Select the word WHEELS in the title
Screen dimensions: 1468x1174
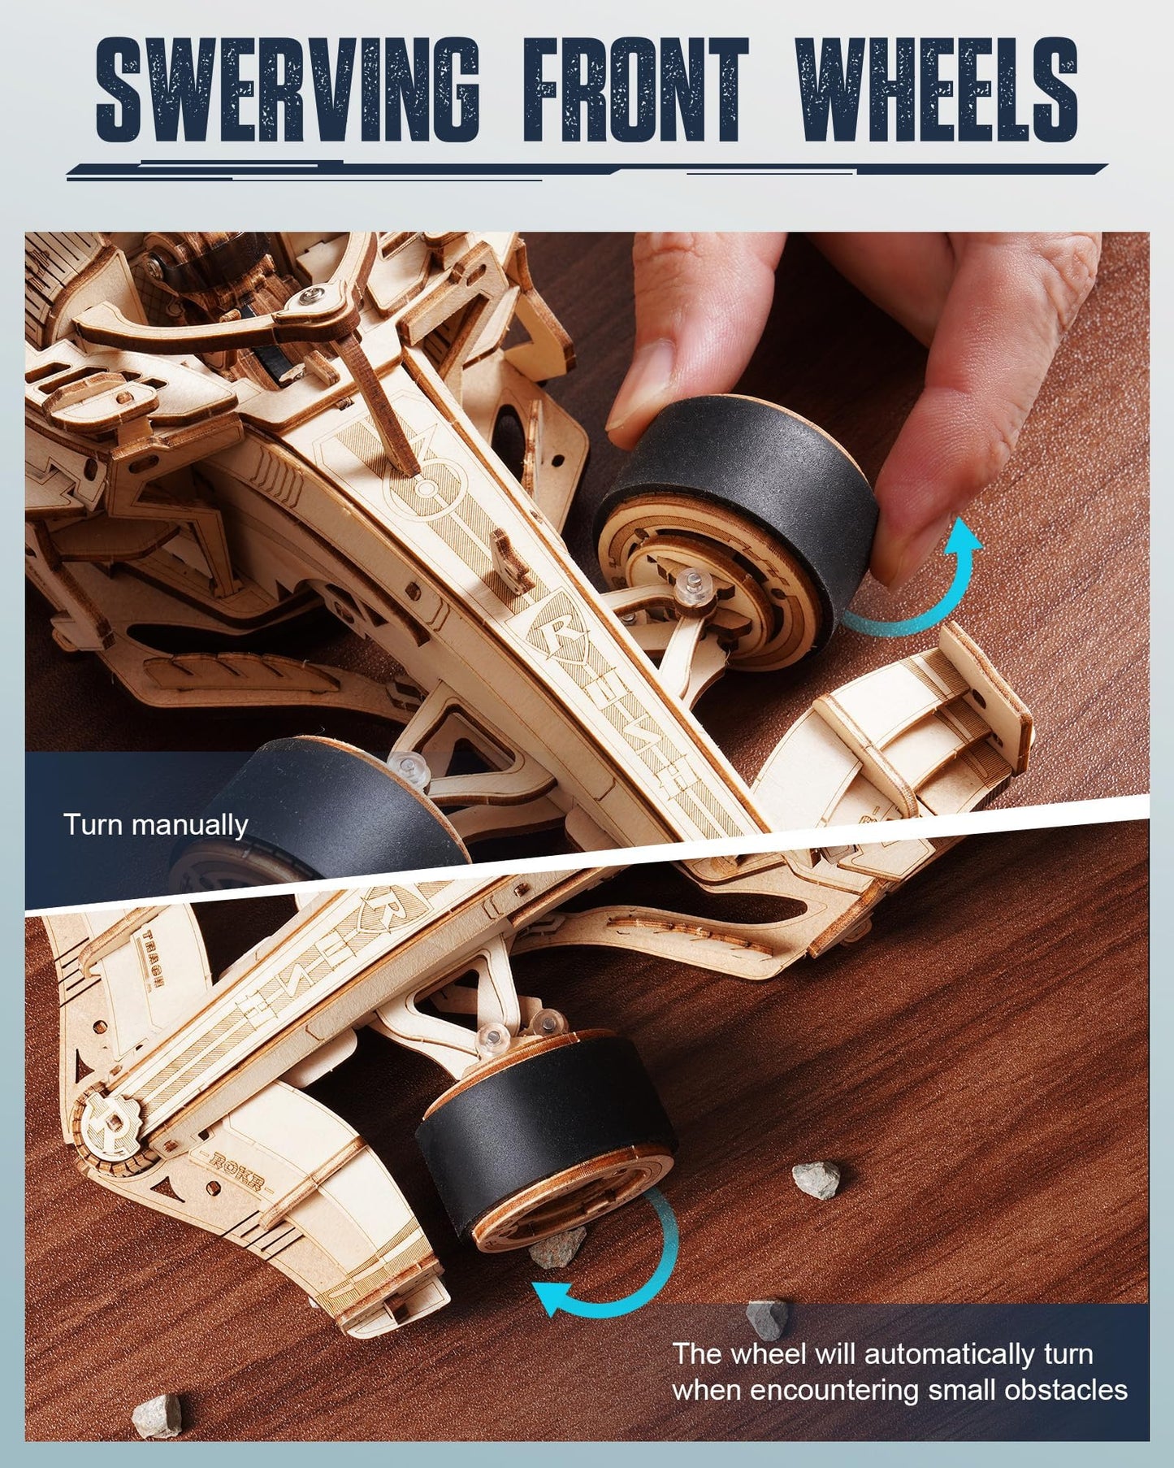click(x=936, y=89)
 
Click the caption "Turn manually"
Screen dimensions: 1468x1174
click(x=155, y=825)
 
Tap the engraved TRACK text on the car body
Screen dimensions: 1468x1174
click(x=149, y=955)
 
